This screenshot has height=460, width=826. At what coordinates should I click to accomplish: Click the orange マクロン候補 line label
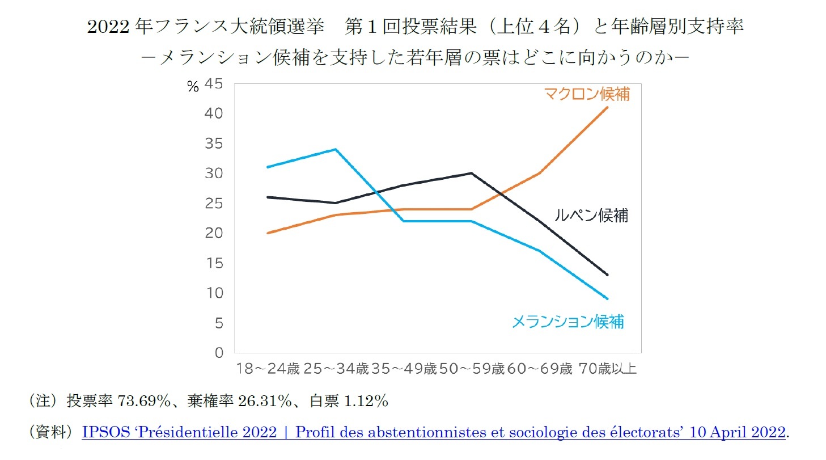click(586, 94)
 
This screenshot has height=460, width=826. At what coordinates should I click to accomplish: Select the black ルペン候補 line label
click(591, 216)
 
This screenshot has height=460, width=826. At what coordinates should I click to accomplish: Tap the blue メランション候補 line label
click(567, 322)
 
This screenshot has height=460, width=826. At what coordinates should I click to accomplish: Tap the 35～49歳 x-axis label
click(404, 370)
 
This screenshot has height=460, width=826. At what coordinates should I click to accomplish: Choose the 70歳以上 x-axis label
click(608, 370)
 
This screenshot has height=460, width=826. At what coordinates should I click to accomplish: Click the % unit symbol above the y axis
click(193, 87)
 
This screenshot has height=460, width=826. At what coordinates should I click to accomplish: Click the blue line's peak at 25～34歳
click(336, 149)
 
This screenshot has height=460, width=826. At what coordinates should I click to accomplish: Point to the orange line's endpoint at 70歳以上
click(608, 107)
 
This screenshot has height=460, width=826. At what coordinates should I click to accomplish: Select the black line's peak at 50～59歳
click(472, 173)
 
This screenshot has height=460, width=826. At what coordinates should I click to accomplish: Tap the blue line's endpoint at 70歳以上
click(608, 298)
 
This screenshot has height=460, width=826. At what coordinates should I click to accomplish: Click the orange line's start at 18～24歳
click(267, 233)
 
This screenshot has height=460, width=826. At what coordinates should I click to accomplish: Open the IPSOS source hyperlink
click(434, 432)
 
